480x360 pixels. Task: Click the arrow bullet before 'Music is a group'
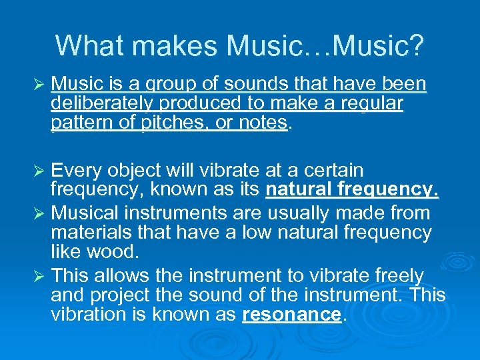point(38,85)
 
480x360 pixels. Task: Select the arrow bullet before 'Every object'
point(38,171)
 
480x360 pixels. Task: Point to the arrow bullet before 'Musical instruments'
point(38,214)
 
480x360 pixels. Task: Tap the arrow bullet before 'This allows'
point(38,275)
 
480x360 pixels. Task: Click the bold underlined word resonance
point(291,315)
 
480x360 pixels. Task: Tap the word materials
point(88,233)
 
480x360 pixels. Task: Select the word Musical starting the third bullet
point(84,213)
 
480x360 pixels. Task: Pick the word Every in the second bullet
point(75,171)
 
